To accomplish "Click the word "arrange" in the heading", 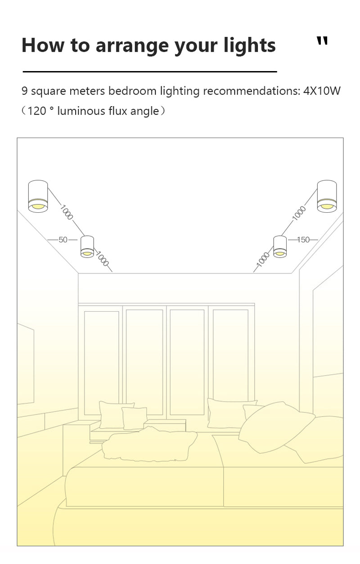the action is click(x=132, y=45).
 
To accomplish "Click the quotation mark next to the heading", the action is click(x=322, y=41).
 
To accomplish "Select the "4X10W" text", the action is click(x=322, y=91).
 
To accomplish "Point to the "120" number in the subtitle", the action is click(x=37, y=111).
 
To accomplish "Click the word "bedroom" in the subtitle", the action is click(x=132, y=91).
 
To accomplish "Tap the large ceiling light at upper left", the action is click(x=38, y=196).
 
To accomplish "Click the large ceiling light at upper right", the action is click(x=327, y=196).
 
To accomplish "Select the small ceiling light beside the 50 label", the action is click(x=87, y=247).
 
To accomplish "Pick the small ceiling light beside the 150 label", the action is click(x=280, y=247).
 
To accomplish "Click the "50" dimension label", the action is click(x=63, y=240).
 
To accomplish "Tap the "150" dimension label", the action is click(x=303, y=240).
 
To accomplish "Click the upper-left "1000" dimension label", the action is click(x=67, y=212).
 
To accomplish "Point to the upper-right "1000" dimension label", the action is click(x=299, y=213).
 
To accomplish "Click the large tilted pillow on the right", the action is click(x=277, y=427).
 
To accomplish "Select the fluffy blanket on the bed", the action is click(x=149, y=445).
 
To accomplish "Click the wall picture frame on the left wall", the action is click(x=26, y=363).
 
